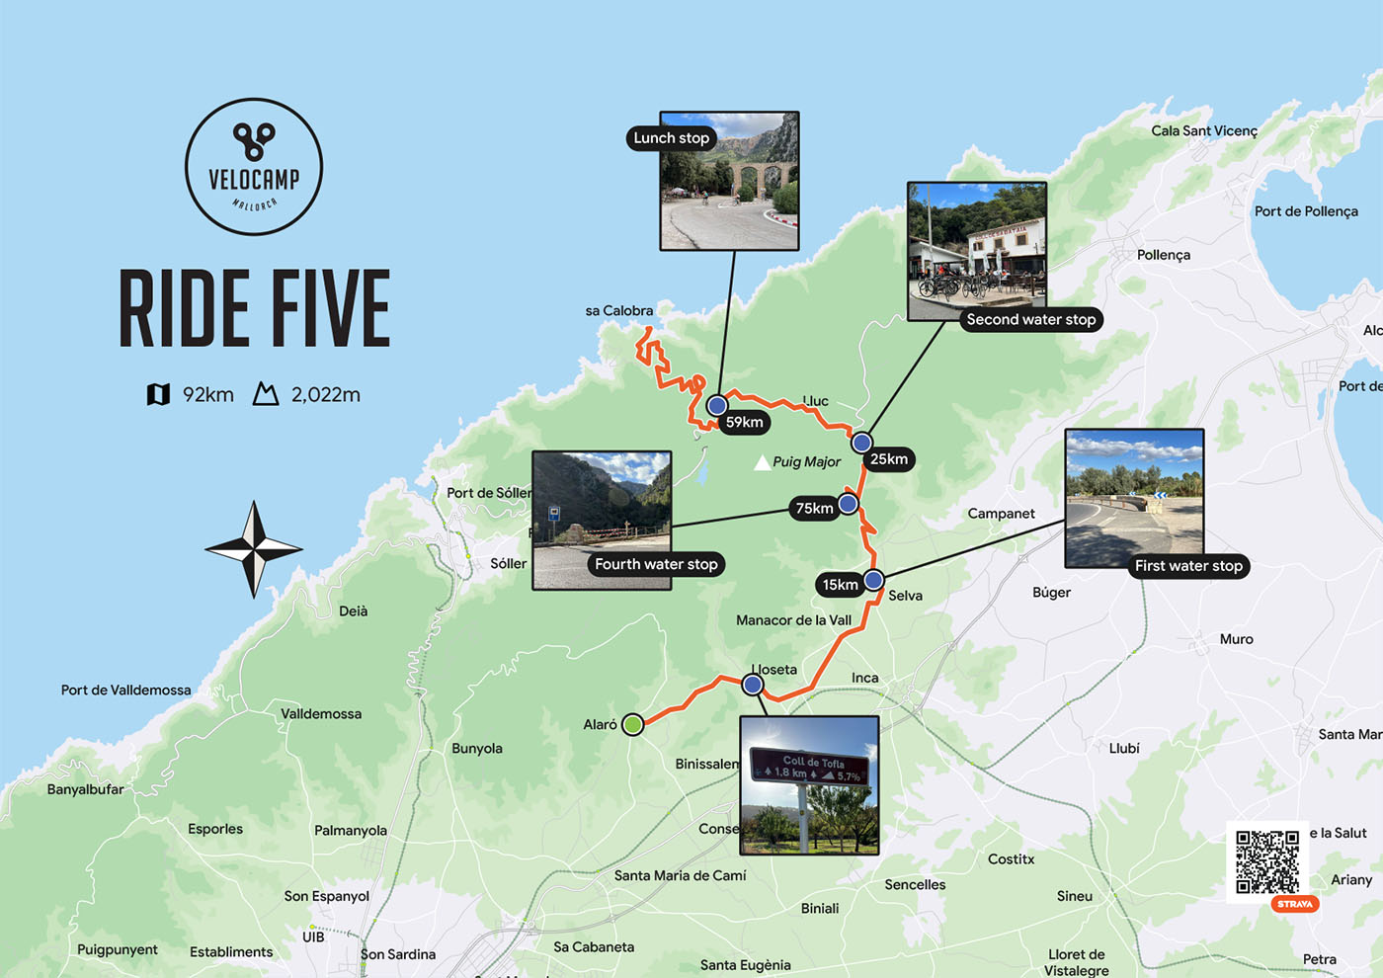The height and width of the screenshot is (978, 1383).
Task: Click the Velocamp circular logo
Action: (x=254, y=166)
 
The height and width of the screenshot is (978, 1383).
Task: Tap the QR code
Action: (x=1267, y=861)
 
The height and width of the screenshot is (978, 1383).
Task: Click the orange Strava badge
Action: (x=1294, y=904)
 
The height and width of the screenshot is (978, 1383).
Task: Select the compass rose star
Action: (x=254, y=549)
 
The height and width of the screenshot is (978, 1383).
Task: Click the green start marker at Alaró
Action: (x=633, y=724)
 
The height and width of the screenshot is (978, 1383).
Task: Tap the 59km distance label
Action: (x=745, y=423)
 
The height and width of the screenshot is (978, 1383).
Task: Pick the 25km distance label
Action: (x=889, y=459)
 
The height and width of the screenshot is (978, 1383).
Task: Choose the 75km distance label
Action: (x=814, y=509)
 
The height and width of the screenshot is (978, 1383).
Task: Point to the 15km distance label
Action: (x=841, y=585)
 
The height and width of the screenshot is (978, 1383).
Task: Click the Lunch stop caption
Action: (x=672, y=138)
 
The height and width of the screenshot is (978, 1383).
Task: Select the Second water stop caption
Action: (x=1030, y=320)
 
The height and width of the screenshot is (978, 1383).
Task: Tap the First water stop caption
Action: (x=1188, y=566)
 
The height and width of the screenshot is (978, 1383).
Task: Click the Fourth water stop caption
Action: (x=656, y=564)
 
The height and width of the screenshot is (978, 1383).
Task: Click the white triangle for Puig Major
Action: (x=762, y=462)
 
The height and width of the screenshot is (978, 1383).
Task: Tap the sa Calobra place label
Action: (x=618, y=311)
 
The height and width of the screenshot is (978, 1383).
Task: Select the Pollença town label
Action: (x=1163, y=255)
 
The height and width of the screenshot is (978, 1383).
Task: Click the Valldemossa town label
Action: (x=321, y=714)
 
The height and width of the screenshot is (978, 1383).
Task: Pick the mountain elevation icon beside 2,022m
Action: (x=266, y=395)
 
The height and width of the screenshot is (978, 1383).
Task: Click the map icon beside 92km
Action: (x=158, y=395)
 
